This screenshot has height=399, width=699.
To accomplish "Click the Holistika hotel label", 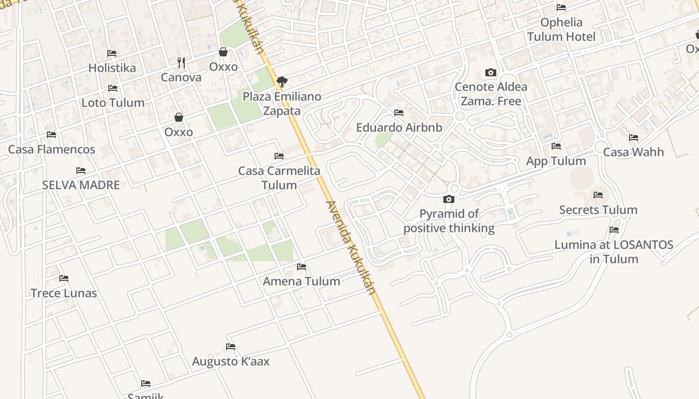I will point(112,68).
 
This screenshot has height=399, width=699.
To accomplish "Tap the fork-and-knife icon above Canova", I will point(181,63).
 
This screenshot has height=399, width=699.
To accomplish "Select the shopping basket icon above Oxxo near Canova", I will point(223,52).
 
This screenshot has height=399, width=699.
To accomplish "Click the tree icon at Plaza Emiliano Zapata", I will point(282,81).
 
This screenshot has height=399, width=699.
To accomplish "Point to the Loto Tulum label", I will point(113,103).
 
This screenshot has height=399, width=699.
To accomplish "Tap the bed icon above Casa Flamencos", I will point(51,135).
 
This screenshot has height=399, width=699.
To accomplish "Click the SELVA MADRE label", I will point(81,185).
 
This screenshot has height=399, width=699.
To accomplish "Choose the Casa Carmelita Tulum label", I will point(279,178).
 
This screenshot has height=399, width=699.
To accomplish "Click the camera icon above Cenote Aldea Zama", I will point(491,73).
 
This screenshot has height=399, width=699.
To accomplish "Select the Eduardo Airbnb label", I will point(399,128).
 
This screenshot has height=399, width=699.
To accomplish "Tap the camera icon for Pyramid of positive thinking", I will point(449,199).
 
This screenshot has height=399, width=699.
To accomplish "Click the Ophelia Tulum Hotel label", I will point(561,29).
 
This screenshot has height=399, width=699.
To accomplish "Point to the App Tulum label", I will point(556,161).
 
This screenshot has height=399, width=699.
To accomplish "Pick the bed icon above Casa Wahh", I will point(634,138).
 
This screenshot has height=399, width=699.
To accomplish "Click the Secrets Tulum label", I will point(598,210).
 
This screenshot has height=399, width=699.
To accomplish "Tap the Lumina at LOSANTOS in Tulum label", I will point(614,252).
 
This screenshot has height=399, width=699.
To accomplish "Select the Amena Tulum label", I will point(302,281).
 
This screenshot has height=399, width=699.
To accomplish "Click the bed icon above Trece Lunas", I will point(64,278).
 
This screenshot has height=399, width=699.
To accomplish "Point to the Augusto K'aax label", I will point(231,362).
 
